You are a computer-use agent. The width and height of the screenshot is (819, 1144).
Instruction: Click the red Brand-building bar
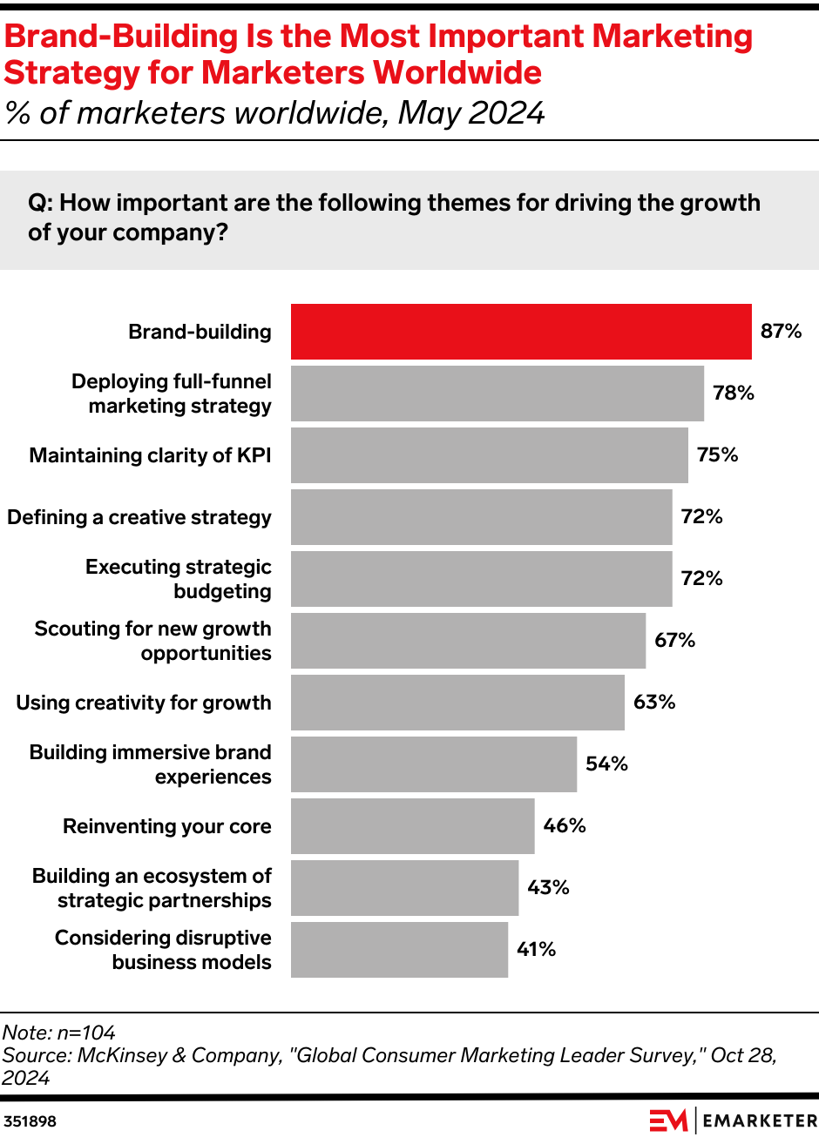pyautogui.click(x=521, y=332)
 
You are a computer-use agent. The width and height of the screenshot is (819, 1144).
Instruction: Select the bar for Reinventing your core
pyautogui.click(x=412, y=826)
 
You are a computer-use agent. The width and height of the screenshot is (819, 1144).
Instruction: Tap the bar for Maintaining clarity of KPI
pyautogui.click(x=489, y=455)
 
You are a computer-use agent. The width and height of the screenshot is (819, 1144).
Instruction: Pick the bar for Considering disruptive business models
pyautogui.click(x=399, y=950)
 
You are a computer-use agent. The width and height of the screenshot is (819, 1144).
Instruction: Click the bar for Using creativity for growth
pyautogui.click(x=457, y=703)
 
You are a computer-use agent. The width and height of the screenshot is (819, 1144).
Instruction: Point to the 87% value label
pyautogui.click(x=781, y=331)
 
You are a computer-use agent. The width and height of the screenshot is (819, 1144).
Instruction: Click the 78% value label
pyautogui.click(x=733, y=393)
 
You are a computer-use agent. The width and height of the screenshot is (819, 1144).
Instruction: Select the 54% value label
pyautogui.click(x=606, y=764)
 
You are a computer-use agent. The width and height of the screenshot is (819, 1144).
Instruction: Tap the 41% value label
pyautogui.click(x=536, y=949)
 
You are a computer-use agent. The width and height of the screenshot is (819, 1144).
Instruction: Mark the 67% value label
pyautogui.click(x=674, y=640)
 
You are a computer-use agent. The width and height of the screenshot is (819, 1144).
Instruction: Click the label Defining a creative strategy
pyautogui.click(x=139, y=517)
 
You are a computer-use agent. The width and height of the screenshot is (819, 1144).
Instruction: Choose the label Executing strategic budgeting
pyautogui.click(x=179, y=579)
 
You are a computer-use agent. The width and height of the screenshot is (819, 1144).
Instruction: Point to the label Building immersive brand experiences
pyautogui.click(x=151, y=764)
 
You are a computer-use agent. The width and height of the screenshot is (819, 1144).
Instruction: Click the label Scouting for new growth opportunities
pyautogui.click(x=153, y=641)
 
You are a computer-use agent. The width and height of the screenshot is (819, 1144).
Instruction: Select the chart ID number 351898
pyautogui.click(x=30, y=1121)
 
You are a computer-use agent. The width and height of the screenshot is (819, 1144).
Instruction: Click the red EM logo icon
pyautogui.click(x=668, y=1120)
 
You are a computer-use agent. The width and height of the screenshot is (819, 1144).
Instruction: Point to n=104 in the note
pyautogui.click(x=86, y=1033)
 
